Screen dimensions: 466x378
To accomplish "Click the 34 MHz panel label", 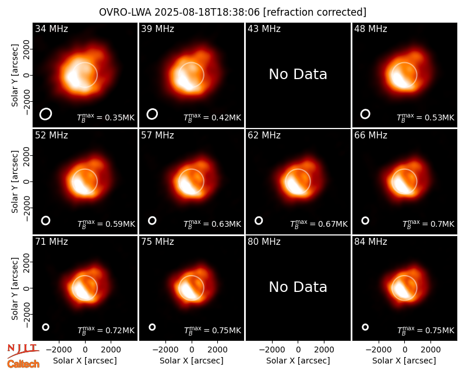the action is pos(51,28).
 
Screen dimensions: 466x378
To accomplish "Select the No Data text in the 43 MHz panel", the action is pos(298,74).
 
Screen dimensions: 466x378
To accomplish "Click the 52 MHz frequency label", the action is pos(51,135).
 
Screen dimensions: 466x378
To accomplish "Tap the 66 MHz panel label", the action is pos(370,135).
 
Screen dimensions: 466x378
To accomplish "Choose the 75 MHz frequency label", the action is pos(157,242).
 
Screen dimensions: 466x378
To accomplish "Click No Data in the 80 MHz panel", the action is pos(298,287).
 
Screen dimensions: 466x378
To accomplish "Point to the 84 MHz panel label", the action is pos(370,242).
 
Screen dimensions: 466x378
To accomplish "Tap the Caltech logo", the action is pos(23,364).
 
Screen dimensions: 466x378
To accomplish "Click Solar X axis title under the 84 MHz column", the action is pos(404,361).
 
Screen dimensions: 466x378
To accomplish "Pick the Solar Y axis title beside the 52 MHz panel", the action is pos(15,181).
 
